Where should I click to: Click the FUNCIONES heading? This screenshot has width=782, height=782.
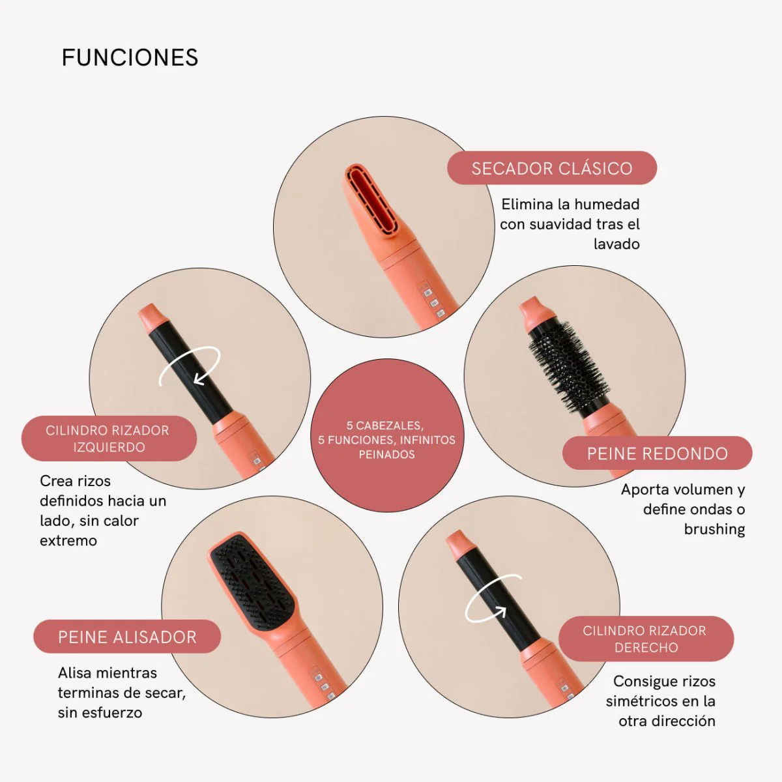[x=130, y=57]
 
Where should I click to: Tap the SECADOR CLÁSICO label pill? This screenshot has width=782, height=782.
[x=552, y=168]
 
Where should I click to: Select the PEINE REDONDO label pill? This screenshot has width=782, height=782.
[x=657, y=454]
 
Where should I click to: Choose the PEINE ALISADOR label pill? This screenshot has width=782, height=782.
[x=127, y=637]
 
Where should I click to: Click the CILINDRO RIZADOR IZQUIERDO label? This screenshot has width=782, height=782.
[x=109, y=439]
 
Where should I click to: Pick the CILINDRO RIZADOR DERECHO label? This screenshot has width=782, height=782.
[x=646, y=639]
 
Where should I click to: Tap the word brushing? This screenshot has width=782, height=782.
[x=714, y=529]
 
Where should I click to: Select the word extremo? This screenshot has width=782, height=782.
[x=68, y=540]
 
